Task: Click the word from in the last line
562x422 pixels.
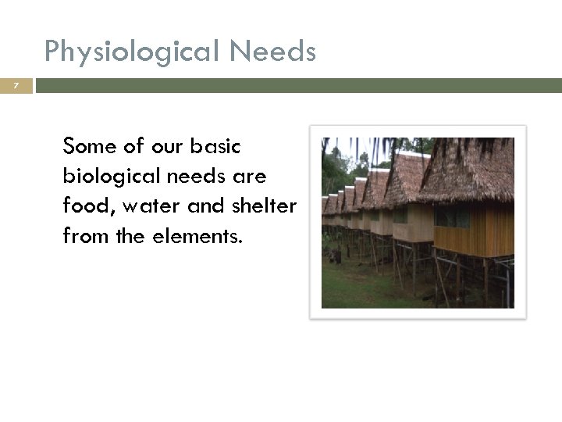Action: tap(83, 234)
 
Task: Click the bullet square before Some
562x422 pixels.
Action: tap(52, 147)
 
